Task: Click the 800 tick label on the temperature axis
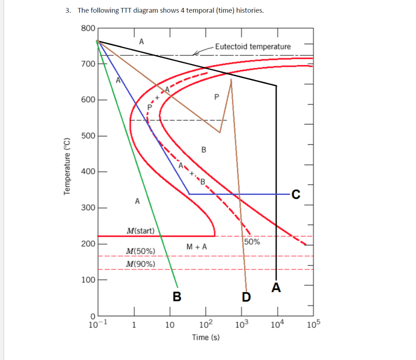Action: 89,28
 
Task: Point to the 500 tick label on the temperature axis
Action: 89,136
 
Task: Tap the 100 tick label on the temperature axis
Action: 89,280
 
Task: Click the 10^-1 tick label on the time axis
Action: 97,324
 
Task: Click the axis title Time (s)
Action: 206,337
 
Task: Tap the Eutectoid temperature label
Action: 253,46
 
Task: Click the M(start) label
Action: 140,230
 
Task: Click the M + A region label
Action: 197,247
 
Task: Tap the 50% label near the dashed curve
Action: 252,242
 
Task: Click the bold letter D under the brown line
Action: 246,297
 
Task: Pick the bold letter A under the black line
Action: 276,287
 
